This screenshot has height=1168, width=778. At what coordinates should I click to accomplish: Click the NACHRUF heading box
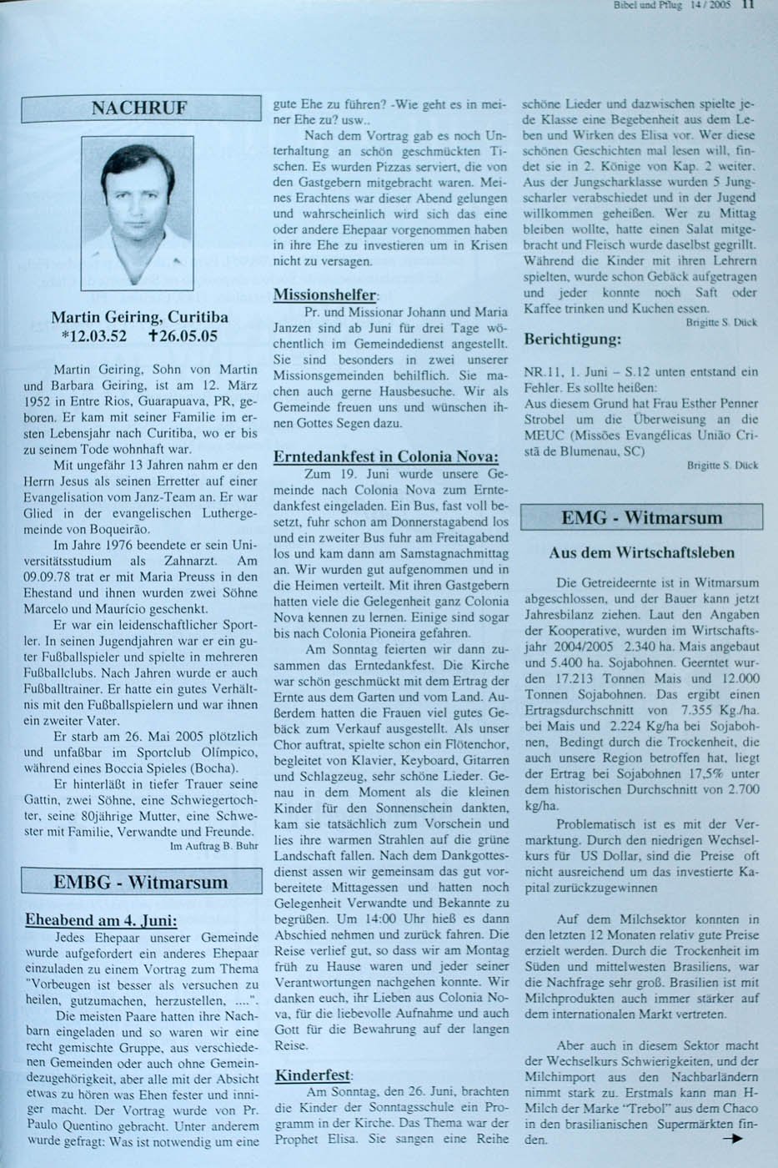tap(140, 108)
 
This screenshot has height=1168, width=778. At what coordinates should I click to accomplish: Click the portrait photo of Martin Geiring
tap(138, 213)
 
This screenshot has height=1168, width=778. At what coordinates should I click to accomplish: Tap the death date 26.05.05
tap(181, 336)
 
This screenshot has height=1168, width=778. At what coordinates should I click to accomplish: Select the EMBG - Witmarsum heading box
tap(140, 882)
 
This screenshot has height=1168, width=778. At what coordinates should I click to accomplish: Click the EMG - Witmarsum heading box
tap(641, 517)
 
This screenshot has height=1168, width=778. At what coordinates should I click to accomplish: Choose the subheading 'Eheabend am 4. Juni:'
tap(101, 920)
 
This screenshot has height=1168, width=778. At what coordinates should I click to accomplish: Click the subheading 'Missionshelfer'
tap(325, 295)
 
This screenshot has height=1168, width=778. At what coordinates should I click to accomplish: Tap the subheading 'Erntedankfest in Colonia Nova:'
tap(386, 456)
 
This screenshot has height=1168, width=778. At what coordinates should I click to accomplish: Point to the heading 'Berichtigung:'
tap(572, 340)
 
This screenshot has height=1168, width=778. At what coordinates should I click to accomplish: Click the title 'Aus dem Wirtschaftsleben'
tap(641, 552)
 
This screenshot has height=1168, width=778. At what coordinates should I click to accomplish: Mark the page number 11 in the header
tap(747, 4)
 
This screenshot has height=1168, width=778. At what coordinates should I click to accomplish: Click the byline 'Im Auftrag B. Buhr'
tap(213, 846)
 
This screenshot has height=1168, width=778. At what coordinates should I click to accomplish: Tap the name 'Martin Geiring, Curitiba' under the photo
tap(139, 317)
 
